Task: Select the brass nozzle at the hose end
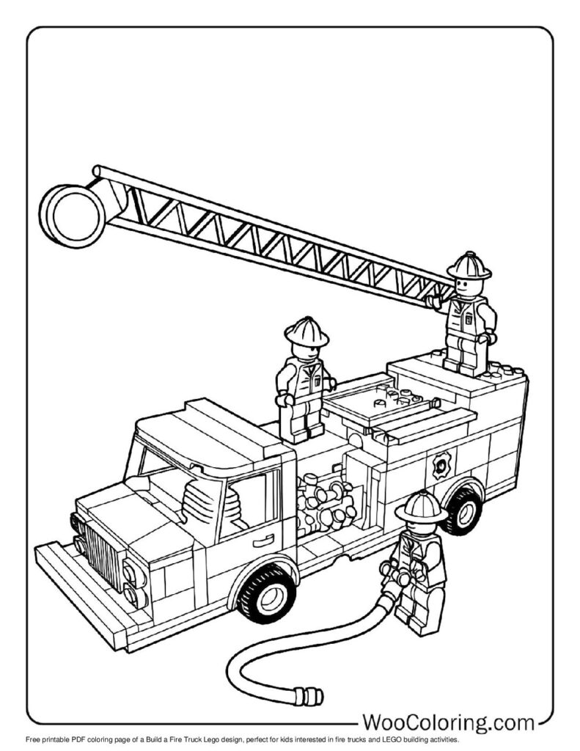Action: [309, 693]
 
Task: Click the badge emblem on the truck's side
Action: [441, 464]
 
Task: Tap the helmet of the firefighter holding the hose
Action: [420, 507]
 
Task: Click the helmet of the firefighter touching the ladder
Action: [469, 265]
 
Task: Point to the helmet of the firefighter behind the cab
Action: [306, 331]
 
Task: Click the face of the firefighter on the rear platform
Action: [468, 285]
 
